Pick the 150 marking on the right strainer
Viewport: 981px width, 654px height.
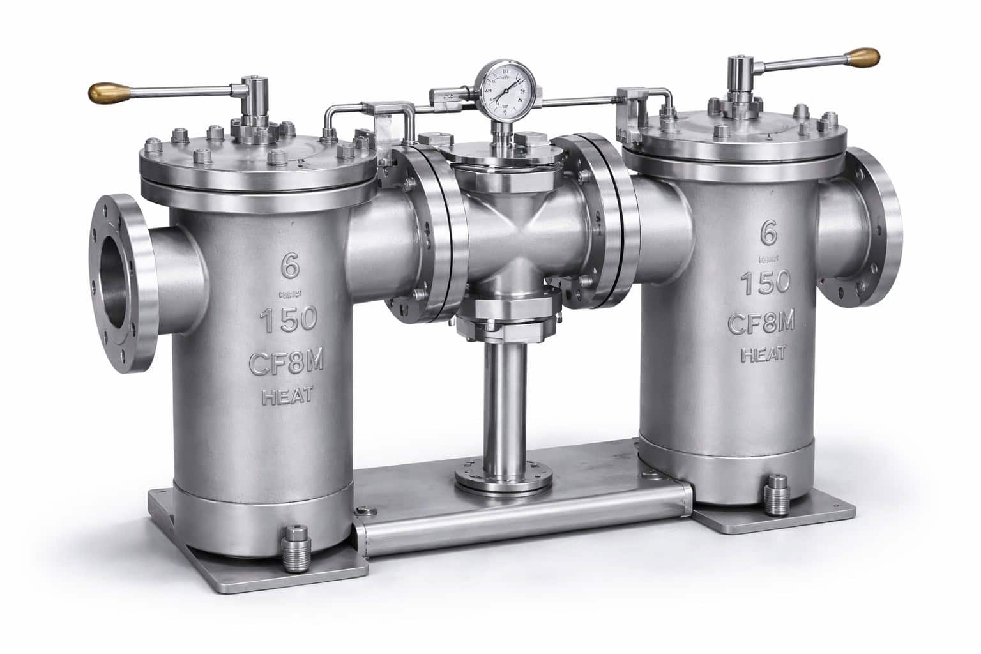point(765,281)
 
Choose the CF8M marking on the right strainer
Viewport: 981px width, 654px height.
point(761,324)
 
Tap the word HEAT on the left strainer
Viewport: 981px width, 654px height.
point(287,396)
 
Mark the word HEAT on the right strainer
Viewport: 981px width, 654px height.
point(762,353)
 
